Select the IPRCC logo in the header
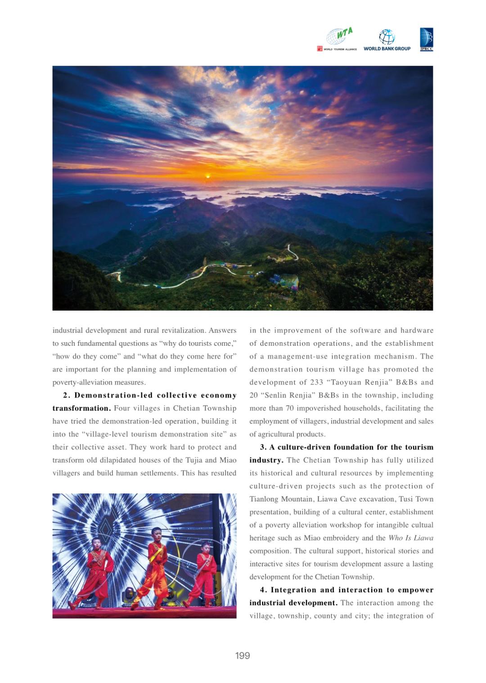pyautogui.click(x=426, y=40)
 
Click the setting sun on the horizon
pyautogui.click(x=207, y=176)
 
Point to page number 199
pyautogui.click(x=243, y=656)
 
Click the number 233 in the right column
pyautogui.click(x=317, y=382)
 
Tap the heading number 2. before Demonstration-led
pyautogui.click(x=67, y=395)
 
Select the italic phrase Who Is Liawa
pyautogui.click(x=411, y=538)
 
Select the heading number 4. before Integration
pyautogui.click(x=263, y=590)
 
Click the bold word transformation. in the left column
pyautogui.click(x=81, y=408)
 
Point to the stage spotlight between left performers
pyautogui.click(x=127, y=593)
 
